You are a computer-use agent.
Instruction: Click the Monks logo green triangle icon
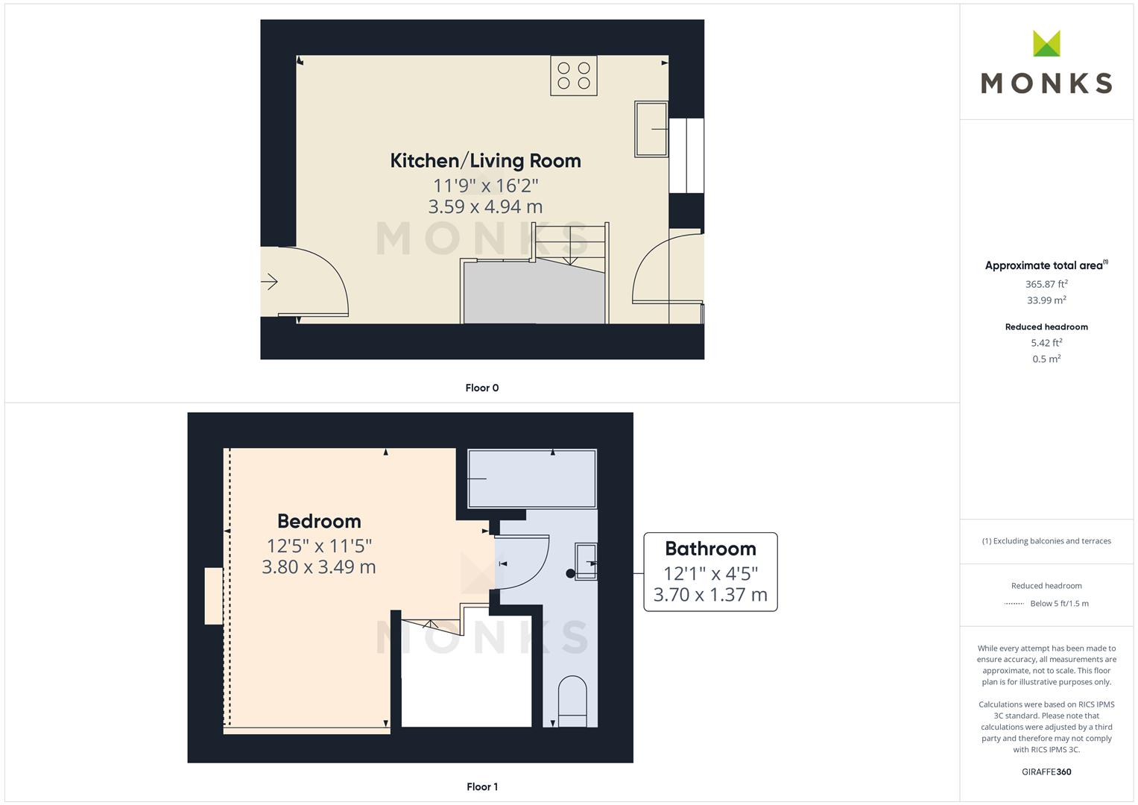(x=1046, y=44)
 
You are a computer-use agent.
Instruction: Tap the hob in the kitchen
(x=574, y=76)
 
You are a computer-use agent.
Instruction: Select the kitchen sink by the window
(x=651, y=129)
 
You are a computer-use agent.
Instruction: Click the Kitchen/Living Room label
(x=485, y=160)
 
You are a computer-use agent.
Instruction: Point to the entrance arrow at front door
(x=270, y=282)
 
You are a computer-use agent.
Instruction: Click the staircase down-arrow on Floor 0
(x=570, y=245)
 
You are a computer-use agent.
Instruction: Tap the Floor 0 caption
(x=481, y=388)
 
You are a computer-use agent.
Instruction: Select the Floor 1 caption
(x=481, y=786)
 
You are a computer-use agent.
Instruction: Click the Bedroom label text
(x=319, y=521)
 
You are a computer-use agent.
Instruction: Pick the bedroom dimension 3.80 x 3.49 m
(x=318, y=566)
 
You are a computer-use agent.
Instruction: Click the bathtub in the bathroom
(x=532, y=479)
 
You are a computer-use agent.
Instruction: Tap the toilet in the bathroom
(x=572, y=701)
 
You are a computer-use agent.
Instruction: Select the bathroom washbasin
(x=586, y=561)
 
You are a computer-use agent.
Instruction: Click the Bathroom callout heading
(x=710, y=549)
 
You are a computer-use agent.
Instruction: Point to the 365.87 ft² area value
(x=1046, y=284)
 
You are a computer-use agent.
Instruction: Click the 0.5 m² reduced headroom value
(x=1046, y=359)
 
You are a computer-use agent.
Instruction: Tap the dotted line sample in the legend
(x=1014, y=604)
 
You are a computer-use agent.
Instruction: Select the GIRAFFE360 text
(x=1046, y=771)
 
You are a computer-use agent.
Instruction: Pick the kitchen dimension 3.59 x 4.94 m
(x=485, y=206)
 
